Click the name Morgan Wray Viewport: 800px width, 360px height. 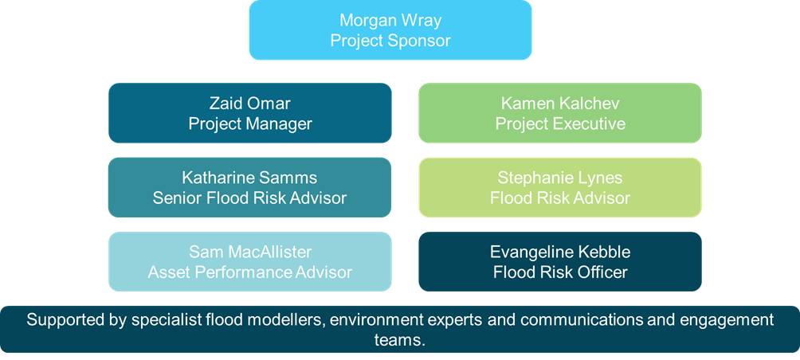pyautogui.click(x=390, y=20)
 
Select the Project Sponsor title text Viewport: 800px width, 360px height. pyautogui.click(x=390, y=40)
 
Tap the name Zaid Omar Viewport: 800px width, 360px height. pyautogui.click(x=249, y=104)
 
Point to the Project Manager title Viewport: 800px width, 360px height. pyautogui.click(x=249, y=123)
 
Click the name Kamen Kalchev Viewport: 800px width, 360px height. pyautogui.click(x=560, y=104)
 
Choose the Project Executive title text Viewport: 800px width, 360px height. pyautogui.click(x=560, y=123)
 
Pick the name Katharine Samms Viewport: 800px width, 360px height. pyautogui.click(x=249, y=178)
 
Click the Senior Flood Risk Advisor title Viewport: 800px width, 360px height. pyautogui.click(x=249, y=198)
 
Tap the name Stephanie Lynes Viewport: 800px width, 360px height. pyautogui.click(x=560, y=178)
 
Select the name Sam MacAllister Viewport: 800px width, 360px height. pyautogui.click(x=249, y=252)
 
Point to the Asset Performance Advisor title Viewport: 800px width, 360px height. pyautogui.click(x=249, y=272)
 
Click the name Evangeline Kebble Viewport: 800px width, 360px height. pyautogui.click(x=560, y=252)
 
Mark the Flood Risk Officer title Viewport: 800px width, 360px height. pyautogui.click(x=560, y=272)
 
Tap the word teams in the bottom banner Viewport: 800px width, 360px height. pyautogui.click(x=399, y=339)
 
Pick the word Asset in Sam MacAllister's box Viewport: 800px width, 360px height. pyautogui.click(x=168, y=272)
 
